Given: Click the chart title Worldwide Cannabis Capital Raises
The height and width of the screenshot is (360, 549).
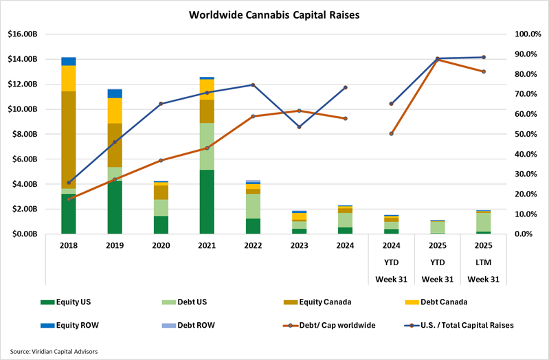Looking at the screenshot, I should click(x=275, y=14).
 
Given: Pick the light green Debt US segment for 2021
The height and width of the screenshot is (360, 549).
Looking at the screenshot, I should click(x=207, y=146).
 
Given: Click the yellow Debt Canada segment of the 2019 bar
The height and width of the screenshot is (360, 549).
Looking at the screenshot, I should click(x=115, y=111).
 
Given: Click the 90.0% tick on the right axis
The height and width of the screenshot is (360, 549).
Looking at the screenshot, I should click(x=519, y=54).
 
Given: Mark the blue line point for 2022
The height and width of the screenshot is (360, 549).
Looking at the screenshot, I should click(x=253, y=85).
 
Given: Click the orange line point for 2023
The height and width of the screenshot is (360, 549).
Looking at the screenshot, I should click(x=299, y=111).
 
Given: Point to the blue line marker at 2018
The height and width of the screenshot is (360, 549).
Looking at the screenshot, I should click(x=69, y=183).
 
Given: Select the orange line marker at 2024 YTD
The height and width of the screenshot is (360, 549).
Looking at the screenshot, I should click(x=391, y=133).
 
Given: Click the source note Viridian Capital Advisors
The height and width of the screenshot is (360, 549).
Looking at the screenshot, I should click(x=54, y=351).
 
